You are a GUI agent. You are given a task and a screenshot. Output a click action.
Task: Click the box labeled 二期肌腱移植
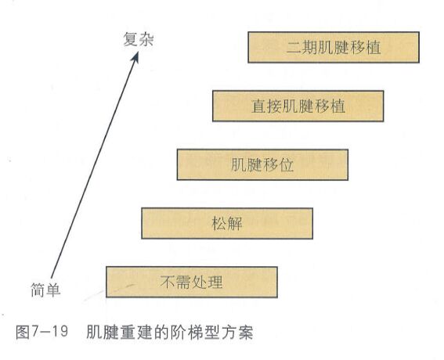tap(334, 47)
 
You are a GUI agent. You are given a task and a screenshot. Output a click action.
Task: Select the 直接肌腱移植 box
tap(298, 106)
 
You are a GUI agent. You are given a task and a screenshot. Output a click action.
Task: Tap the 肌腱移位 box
tap(262, 164)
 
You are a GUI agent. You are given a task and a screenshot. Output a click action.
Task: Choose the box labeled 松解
tap(227, 223)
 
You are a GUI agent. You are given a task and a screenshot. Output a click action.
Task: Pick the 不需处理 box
tap(192, 282)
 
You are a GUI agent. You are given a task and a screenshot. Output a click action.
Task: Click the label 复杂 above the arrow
tap(139, 39)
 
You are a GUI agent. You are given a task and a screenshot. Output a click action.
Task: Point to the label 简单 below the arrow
tap(45, 290)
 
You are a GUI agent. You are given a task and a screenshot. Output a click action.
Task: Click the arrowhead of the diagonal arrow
tap(135, 57)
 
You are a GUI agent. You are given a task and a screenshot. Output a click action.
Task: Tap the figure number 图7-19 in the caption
tap(42, 331)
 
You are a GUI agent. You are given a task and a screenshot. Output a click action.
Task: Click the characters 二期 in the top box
tap(301, 47)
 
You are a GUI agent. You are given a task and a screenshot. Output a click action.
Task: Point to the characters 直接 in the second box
tap(266, 106)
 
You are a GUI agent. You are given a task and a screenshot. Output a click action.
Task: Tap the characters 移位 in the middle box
tap(278, 164)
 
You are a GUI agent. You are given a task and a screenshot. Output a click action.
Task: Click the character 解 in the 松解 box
tap(235, 224)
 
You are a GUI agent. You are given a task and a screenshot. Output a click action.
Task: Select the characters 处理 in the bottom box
tap(208, 283)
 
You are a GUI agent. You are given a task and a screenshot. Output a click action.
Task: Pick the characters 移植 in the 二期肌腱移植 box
tap(366, 47)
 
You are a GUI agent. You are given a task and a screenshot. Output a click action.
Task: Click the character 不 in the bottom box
tap(168, 283)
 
